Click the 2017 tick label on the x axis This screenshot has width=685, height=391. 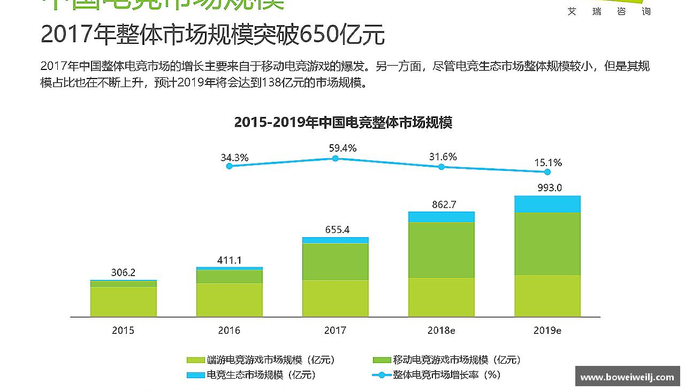[335, 331]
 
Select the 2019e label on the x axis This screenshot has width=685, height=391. [547, 331]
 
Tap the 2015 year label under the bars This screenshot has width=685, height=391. [123, 331]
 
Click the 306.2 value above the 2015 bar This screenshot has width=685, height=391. [123, 272]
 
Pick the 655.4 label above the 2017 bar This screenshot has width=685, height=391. [337, 230]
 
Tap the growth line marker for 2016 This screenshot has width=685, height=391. [230, 166]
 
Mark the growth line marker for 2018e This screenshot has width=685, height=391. [442, 167]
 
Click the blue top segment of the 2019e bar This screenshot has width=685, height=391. [547, 204]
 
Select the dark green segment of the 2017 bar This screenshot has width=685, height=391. [335, 261]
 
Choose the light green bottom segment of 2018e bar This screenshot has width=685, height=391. [442, 297]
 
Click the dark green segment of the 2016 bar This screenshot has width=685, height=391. [230, 276]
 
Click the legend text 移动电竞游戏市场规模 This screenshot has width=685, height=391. [456, 360]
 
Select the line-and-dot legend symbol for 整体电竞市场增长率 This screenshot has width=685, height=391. [381, 375]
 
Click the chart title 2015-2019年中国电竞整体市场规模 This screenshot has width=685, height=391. [343, 122]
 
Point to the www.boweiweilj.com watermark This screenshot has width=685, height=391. [627, 377]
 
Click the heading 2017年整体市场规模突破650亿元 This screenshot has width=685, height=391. [212, 35]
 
